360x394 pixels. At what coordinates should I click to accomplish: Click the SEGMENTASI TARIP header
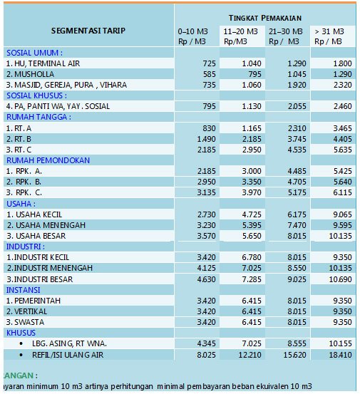(x=88, y=31)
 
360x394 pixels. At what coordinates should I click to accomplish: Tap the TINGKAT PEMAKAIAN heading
(x=265, y=18)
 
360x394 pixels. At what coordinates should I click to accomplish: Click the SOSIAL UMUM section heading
(x=34, y=53)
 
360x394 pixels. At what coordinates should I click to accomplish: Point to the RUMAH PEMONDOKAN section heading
(x=48, y=160)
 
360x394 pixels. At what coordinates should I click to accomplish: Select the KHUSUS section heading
(x=21, y=333)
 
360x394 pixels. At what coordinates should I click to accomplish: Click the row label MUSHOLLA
(x=30, y=74)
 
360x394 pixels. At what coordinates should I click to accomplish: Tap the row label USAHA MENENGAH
(x=46, y=225)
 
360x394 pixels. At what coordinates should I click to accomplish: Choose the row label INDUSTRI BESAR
(x=40, y=279)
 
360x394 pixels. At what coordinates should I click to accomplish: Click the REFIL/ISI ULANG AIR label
(x=68, y=355)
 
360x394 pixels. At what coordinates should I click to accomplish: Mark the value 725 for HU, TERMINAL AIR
(x=209, y=63)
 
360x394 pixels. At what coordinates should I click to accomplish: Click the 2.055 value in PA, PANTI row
(x=297, y=106)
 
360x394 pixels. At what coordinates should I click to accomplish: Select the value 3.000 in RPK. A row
(x=252, y=171)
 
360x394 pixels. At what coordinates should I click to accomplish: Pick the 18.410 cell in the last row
(x=340, y=355)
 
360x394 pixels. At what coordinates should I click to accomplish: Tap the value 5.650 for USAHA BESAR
(x=252, y=236)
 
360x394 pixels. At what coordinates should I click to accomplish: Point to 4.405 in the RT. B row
(x=342, y=139)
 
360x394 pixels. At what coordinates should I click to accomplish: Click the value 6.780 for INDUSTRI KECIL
(x=252, y=257)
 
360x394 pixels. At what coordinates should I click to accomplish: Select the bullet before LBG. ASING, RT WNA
(x=21, y=343)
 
